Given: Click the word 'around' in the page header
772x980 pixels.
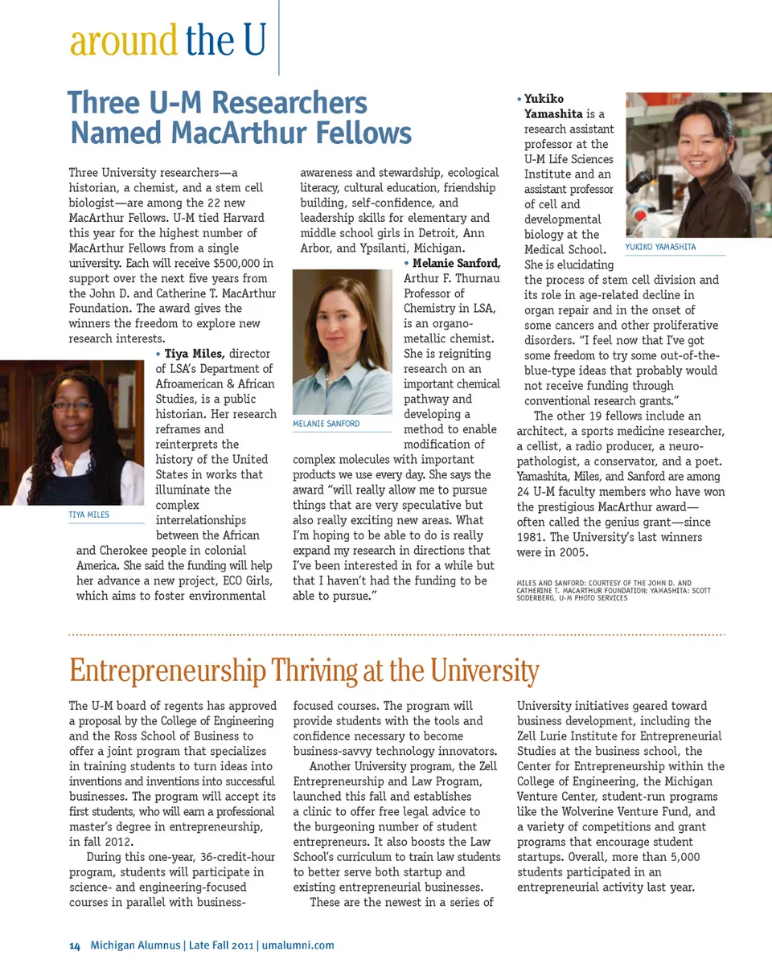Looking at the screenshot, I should (123, 41).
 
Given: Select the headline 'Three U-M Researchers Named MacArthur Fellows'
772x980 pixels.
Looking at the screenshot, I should (239, 117).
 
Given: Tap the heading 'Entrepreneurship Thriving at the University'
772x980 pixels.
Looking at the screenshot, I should (303, 670).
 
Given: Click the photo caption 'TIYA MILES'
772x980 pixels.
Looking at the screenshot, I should (89, 515).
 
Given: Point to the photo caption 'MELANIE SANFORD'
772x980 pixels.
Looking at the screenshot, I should (326, 423).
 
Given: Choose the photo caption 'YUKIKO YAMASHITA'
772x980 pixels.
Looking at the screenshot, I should (660, 248).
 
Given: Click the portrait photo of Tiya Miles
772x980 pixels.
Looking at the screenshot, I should (72, 432).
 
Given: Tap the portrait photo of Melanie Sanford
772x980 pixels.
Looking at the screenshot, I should (342, 342).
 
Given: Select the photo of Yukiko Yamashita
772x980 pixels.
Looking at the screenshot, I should (675, 165).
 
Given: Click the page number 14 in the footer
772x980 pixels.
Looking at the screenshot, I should (74, 945).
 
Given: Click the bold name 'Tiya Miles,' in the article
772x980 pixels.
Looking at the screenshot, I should (194, 354).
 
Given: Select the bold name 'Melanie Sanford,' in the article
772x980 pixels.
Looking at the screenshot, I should (456, 264).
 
